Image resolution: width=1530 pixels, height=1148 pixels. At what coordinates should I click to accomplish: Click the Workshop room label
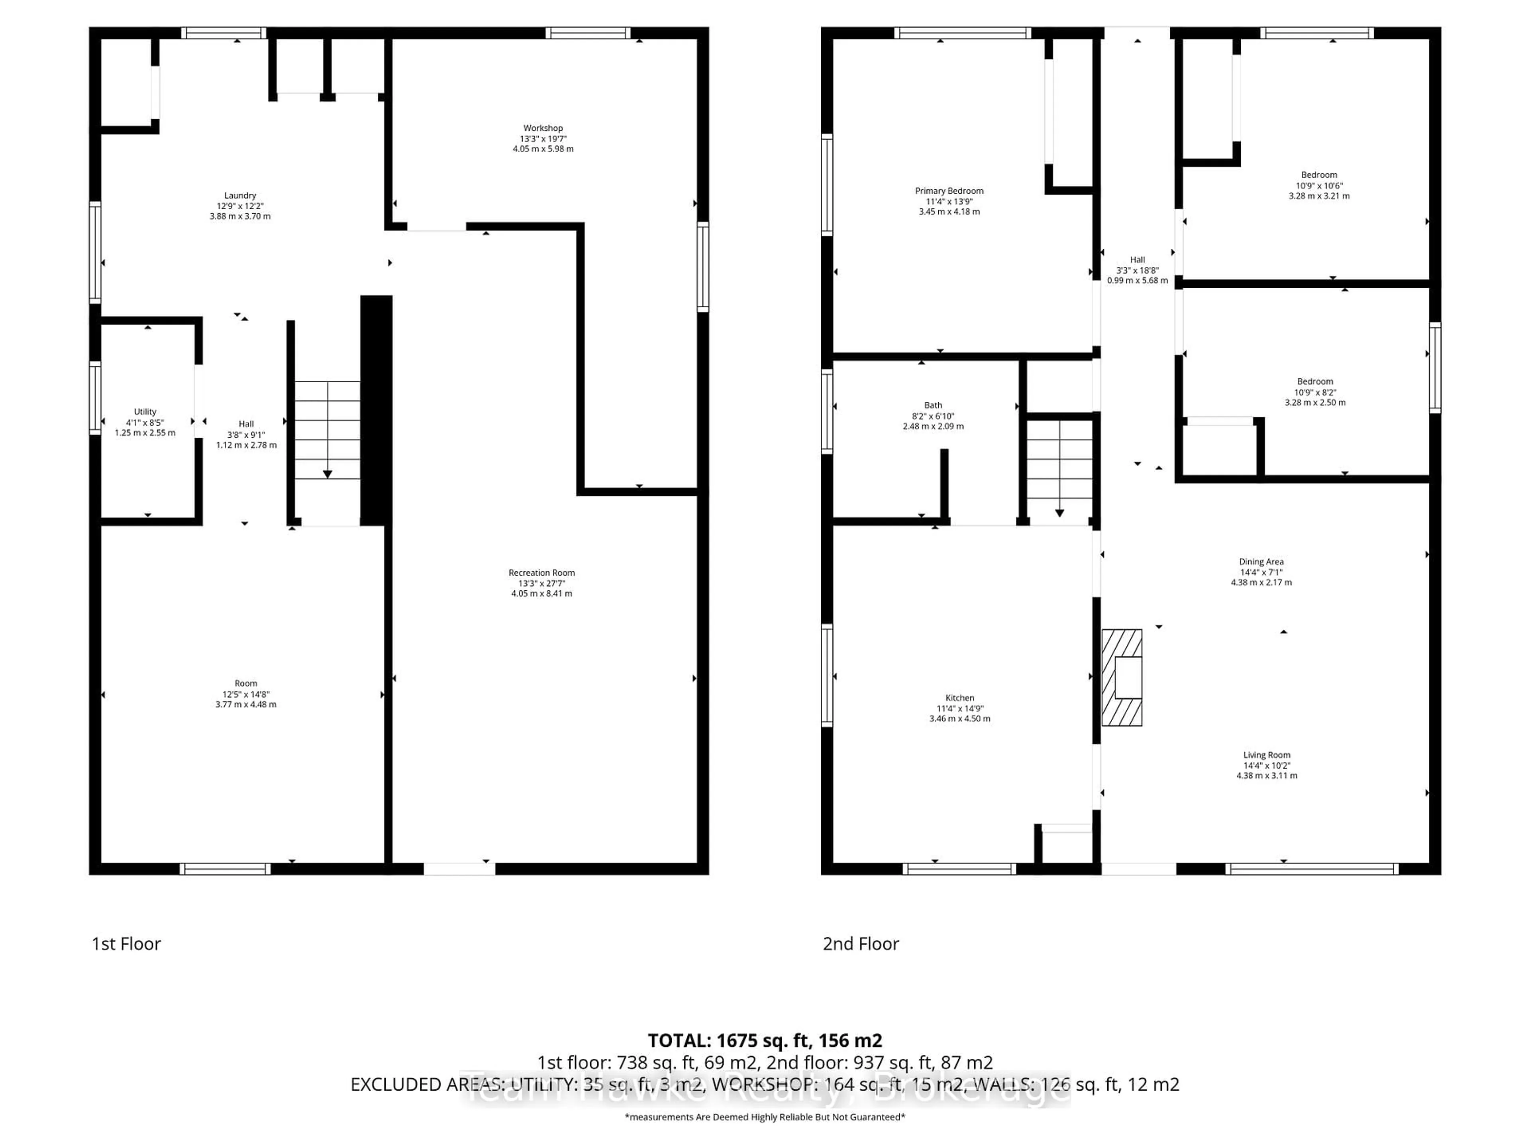pyautogui.click(x=543, y=128)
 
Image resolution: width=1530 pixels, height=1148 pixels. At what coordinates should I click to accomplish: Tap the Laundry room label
pyautogui.click(x=240, y=196)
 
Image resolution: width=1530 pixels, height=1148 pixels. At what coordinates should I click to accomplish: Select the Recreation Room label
pyautogui.click(x=541, y=573)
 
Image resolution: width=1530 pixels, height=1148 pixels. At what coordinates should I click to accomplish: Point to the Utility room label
pyautogui.click(x=145, y=412)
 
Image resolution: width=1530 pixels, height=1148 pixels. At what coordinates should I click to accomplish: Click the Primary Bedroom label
pyautogui.click(x=949, y=191)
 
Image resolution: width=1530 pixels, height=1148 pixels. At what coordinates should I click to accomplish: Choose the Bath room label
pyautogui.click(x=933, y=405)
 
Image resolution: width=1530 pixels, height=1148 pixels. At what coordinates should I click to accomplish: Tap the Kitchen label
pyautogui.click(x=959, y=698)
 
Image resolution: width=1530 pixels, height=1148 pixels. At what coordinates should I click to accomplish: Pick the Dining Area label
pyautogui.click(x=1261, y=562)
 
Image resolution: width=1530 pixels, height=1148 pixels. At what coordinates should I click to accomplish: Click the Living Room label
pyautogui.click(x=1267, y=755)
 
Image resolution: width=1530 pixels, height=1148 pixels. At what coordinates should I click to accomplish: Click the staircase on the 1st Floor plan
pyautogui.click(x=327, y=431)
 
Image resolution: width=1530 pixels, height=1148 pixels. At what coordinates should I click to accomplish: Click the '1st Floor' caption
pyautogui.click(x=127, y=944)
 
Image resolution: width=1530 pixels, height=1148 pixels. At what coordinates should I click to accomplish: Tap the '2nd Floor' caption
pyautogui.click(x=861, y=944)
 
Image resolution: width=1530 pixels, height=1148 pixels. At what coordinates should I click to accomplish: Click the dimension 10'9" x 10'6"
pyautogui.click(x=1319, y=185)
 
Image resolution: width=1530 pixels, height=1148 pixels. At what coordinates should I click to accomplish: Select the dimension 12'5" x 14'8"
pyautogui.click(x=245, y=694)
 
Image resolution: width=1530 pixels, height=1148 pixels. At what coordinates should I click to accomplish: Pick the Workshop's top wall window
pyautogui.click(x=588, y=33)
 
